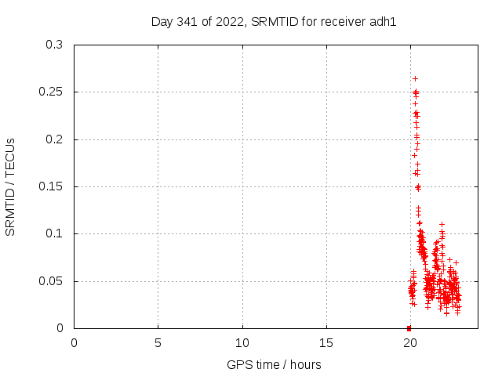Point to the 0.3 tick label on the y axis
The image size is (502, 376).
tap(54, 45)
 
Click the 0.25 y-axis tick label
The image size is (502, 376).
tap(51, 92)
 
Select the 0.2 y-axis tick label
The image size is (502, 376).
tap(54, 139)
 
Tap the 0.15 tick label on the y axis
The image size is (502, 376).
tap(51, 187)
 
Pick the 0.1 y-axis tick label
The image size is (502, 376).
tap(54, 234)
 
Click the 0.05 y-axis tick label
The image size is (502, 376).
tap(51, 281)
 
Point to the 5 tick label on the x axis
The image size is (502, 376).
tap(158, 342)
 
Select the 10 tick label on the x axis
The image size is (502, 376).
tap(242, 342)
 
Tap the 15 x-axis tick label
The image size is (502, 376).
tap(326, 342)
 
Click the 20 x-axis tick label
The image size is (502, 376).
tap(410, 342)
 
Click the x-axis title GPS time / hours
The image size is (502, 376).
tap(274, 364)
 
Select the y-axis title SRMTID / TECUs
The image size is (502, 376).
tap(11, 186)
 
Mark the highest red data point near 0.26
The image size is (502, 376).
tap(415, 78)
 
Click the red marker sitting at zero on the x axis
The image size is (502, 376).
tap(409, 327)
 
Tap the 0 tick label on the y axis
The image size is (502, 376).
tap(60, 328)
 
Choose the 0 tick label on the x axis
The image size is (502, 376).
tap(75, 342)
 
